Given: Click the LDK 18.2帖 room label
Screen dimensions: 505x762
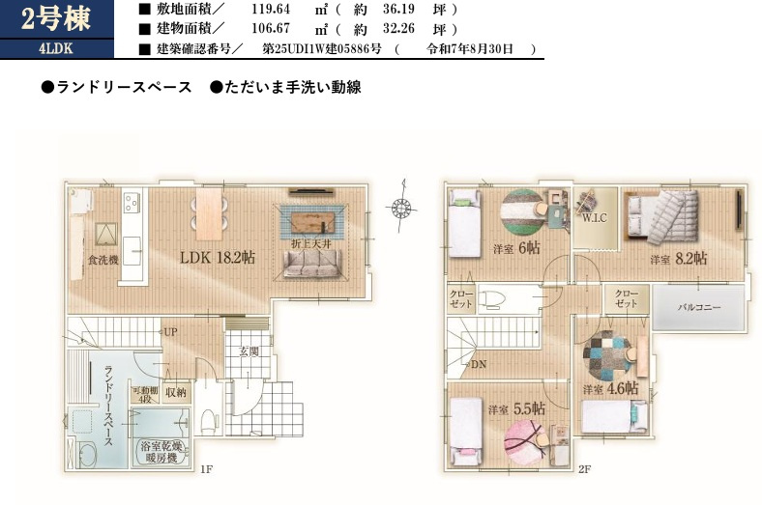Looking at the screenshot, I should tap(218, 258).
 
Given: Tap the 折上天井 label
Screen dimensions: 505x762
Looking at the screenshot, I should tap(313, 244).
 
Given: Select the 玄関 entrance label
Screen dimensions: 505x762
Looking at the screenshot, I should tap(249, 351).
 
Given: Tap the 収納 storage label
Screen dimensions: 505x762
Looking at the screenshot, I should tap(175, 392).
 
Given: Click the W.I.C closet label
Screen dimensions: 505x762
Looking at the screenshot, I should tap(593, 217).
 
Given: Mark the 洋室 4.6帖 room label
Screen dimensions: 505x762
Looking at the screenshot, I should tap(609, 388).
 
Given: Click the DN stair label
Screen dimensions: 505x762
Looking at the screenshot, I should tap(481, 364).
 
